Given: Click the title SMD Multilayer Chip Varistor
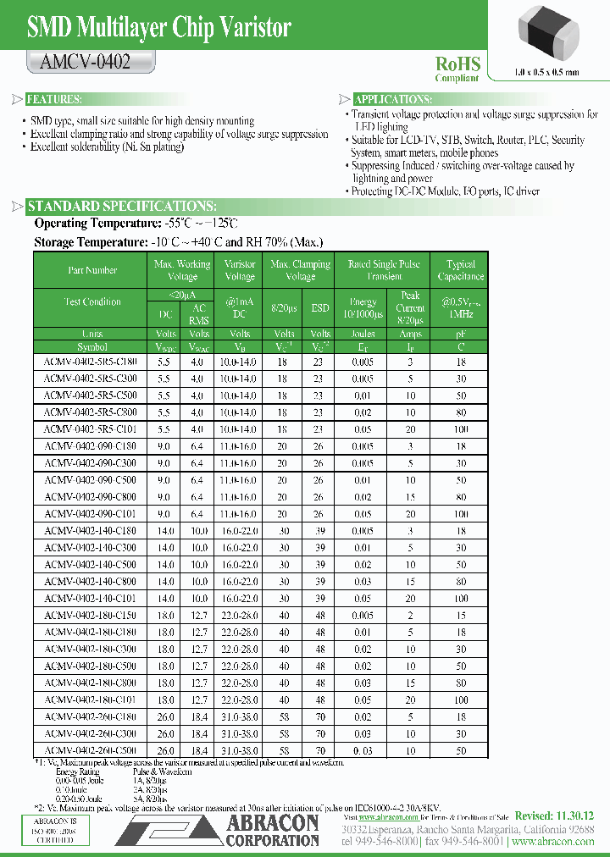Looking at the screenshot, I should (x=159, y=28).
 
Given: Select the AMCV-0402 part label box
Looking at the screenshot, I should (x=86, y=63).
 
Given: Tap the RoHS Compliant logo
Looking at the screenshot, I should (x=457, y=69).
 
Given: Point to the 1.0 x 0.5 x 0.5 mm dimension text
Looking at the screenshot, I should (x=535, y=72).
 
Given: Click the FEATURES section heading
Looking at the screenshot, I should (x=54, y=99).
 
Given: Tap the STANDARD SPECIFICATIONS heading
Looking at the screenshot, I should (x=122, y=207).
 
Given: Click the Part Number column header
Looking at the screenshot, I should (x=92, y=270).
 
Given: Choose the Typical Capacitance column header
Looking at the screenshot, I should (x=461, y=270).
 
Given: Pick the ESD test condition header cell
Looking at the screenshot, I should (x=320, y=308).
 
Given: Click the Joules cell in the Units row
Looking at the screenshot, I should (x=363, y=334).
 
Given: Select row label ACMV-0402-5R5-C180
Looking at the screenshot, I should (x=92, y=360).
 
